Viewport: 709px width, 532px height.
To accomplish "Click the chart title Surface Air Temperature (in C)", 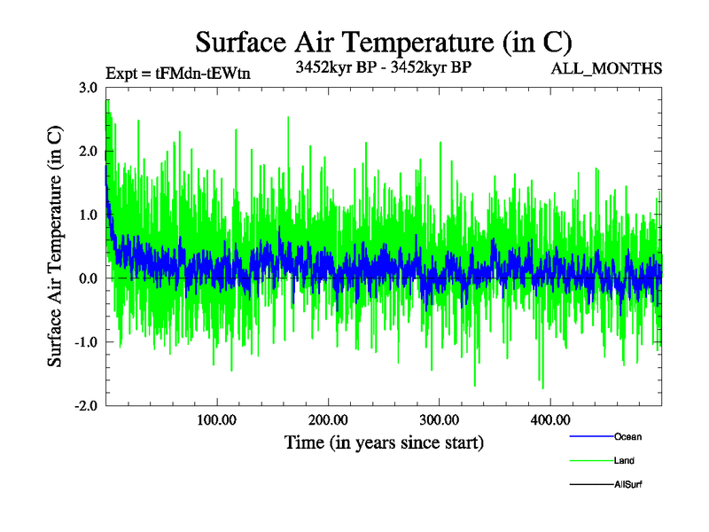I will pos(384,42).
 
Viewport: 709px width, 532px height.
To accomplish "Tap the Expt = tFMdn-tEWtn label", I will pos(177,74).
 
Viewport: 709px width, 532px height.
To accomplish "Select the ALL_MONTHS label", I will pos(607,68).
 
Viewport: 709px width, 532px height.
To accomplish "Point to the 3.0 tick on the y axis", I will pos(88,87).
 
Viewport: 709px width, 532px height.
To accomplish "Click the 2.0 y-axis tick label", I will pos(88,151).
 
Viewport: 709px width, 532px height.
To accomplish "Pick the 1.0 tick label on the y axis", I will pos(88,215).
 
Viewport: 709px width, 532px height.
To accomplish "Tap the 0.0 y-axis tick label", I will pos(88,278).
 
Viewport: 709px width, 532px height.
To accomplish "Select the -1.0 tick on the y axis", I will pos(86,342).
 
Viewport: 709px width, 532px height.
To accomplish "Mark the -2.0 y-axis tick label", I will pos(86,406).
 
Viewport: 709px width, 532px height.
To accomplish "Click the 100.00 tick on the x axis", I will pos(216,419).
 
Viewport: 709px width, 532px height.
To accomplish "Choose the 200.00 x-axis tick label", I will pos(328,419).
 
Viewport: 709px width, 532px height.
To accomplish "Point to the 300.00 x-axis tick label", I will pos(439,419).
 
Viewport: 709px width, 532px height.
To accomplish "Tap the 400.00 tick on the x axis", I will pos(549,419).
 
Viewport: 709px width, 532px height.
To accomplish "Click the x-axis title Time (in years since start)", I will pos(384,442).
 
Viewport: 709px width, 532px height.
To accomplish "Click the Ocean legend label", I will pos(627,436).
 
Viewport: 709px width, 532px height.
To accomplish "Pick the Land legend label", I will pos(624,461).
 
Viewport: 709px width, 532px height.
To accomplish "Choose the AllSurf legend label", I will pos(627,485).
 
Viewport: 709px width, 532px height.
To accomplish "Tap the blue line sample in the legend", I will pos(589,436).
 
